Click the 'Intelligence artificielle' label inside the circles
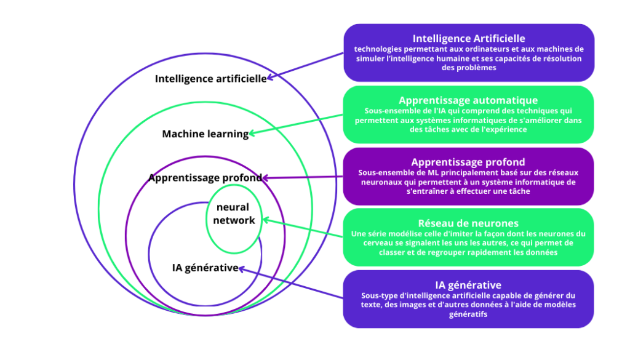click(210, 79)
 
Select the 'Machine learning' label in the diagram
click(205, 134)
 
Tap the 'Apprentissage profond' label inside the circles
click(205, 178)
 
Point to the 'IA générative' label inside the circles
click(205, 268)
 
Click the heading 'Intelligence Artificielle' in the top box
click(469, 39)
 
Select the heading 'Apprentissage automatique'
click(468, 100)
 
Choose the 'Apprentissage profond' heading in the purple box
click(468, 162)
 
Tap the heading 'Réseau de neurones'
click(468, 223)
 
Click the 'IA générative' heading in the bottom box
click(468, 285)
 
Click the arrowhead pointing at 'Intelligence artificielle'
click(270, 78)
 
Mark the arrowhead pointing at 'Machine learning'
click(252, 132)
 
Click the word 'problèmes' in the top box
click(469, 68)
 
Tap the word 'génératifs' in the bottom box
click(468, 314)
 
